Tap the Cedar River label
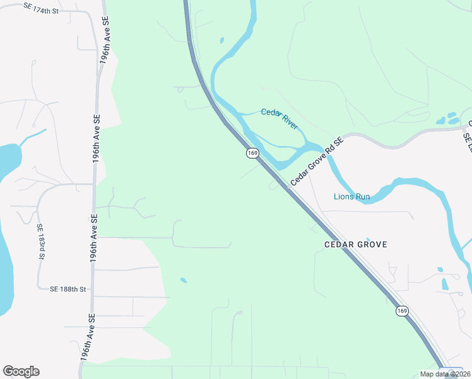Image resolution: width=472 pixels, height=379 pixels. pyautogui.click(x=280, y=119)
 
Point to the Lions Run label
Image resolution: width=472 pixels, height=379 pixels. pyautogui.click(x=351, y=196)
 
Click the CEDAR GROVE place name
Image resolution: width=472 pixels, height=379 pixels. pyautogui.click(x=355, y=244)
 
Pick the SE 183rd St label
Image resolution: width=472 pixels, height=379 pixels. pyautogui.click(x=40, y=241)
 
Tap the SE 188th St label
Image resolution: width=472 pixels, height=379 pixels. pyautogui.click(x=68, y=289)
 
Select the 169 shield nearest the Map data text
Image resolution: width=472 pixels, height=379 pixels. pyautogui.click(x=403, y=311)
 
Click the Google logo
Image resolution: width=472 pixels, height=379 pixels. pyautogui.click(x=21, y=371)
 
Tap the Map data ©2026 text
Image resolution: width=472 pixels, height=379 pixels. pyautogui.click(x=444, y=374)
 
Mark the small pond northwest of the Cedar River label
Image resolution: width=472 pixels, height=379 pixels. pyautogui.click(x=221, y=40)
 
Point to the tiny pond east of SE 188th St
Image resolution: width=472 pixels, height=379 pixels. pyautogui.click(x=183, y=280)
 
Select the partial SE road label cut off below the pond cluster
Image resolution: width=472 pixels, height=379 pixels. pyautogui.click(x=467, y=142)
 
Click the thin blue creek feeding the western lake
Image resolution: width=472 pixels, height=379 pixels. pyautogui.click(x=33, y=137)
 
